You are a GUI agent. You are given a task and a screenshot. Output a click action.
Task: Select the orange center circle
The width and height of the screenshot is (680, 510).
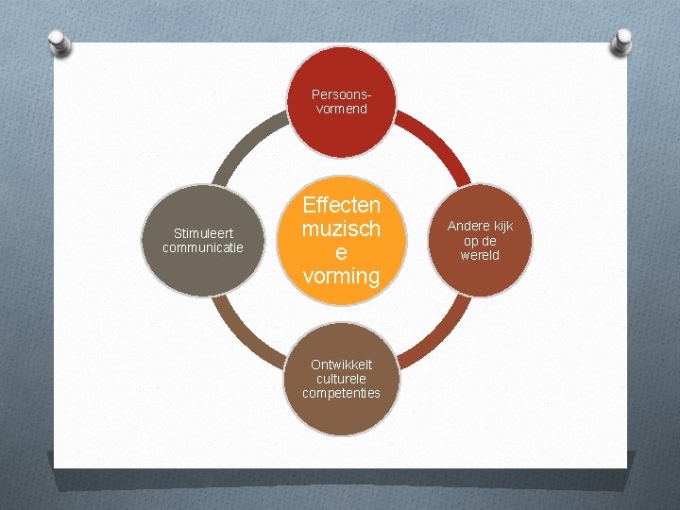pos(340,241)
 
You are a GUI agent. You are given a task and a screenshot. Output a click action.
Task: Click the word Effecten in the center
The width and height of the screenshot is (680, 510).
pos(341,206)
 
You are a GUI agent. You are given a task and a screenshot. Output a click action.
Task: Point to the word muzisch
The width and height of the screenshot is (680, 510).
pos(341,229)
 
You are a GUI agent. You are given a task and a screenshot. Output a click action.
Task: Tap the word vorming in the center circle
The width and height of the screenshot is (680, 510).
pos(341,276)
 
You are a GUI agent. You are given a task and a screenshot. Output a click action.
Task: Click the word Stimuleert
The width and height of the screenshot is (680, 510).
pos(203,234)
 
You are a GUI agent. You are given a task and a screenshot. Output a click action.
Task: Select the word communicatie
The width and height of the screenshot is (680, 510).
pos(203,248)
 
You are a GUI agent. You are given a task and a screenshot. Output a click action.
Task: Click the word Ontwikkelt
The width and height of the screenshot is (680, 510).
pos(341,365)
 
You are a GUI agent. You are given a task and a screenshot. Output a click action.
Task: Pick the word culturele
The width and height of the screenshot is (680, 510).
pos(341,379)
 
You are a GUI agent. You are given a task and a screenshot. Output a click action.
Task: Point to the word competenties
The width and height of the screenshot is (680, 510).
pos(341,393)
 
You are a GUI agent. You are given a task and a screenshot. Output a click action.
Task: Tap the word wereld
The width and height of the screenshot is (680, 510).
pos(480,256)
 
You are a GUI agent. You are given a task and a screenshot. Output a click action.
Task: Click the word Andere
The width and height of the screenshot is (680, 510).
pos(467,227)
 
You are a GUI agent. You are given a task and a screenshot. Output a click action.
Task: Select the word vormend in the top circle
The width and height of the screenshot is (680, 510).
pos(341,110)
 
